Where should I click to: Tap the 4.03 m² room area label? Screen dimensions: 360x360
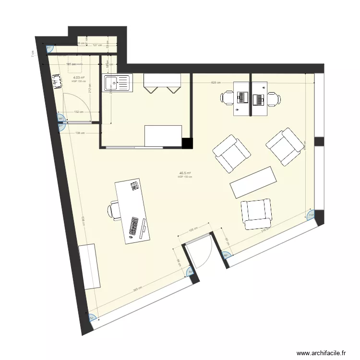79,77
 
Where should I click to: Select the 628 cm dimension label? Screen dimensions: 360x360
216,83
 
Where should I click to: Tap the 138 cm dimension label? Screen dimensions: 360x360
80,133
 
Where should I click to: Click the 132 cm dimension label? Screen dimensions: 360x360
78,112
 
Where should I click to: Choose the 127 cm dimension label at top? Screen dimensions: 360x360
97,45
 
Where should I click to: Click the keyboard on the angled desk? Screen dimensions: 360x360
134,226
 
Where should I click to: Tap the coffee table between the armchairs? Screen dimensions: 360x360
253,182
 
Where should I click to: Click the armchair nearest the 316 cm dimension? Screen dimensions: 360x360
256,214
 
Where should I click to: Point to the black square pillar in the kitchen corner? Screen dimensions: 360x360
187,143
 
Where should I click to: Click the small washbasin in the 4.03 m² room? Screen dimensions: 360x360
59,82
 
